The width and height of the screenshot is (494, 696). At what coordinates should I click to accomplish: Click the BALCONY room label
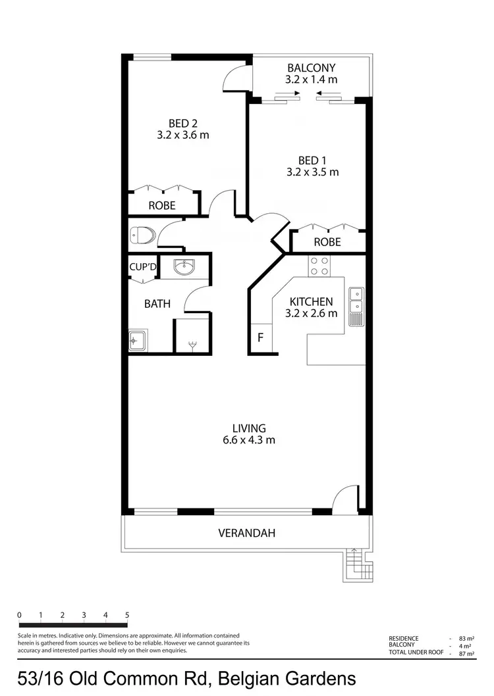(312, 68)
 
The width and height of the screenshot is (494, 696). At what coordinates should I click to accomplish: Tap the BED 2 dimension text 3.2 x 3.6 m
(183, 135)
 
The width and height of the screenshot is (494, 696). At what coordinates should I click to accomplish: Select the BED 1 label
(312, 160)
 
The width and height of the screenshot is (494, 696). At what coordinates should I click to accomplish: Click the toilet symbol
(142, 234)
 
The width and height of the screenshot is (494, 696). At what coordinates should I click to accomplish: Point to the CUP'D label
(142, 266)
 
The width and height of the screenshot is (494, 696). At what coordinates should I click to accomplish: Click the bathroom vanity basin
(184, 266)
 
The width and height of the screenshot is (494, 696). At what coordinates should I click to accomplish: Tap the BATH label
(157, 304)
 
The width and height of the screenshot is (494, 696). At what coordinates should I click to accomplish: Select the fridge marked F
(260, 338)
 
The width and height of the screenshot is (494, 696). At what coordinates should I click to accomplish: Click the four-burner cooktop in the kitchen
(319, 266)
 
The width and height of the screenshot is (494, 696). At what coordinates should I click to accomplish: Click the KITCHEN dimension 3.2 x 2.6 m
(311, 313)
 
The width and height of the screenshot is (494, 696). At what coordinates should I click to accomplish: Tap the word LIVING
(248, 428)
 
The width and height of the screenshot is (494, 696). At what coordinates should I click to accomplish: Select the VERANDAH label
(246, 533)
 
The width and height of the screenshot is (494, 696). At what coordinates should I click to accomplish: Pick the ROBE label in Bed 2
(162, 205)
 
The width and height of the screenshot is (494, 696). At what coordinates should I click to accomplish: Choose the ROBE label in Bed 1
(327, 242)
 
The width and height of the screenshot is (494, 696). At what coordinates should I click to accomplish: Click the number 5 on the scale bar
(127, 615)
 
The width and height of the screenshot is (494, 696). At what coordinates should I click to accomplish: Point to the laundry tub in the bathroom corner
(138, 341)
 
